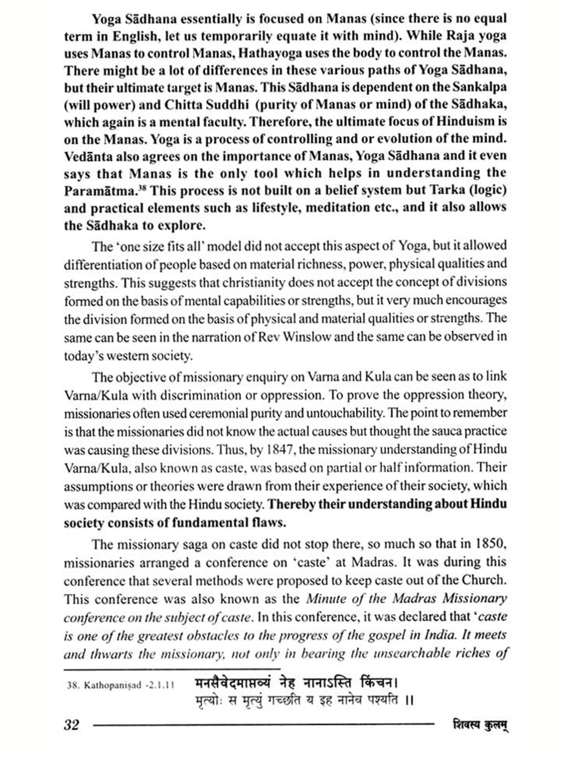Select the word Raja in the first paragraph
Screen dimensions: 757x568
click(x=460, y=36)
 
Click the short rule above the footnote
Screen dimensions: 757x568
click(x=172, y=669)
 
